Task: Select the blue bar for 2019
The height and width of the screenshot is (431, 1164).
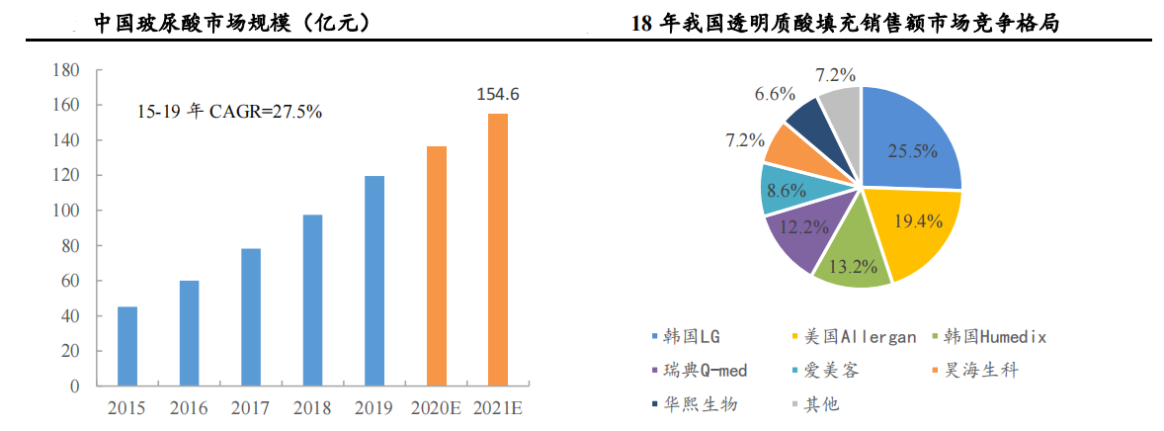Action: (374, 281)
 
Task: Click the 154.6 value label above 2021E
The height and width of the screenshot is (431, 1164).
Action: (498, 95)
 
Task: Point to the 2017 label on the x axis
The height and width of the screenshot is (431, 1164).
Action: (250, 407)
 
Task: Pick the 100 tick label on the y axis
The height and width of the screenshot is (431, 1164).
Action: (64, 211)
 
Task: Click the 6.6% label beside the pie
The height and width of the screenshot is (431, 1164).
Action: (775, 95)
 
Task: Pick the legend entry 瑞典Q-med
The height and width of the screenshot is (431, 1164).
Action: (705, 371)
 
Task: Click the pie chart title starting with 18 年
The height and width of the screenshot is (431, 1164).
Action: (844, 22)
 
